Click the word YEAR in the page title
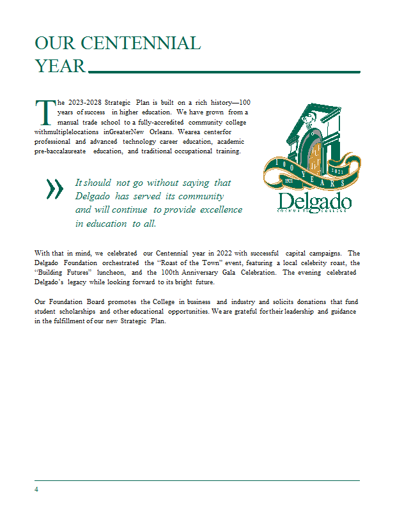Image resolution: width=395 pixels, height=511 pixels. (x=60, y=66)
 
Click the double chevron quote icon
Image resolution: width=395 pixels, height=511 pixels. (x=56, y=188)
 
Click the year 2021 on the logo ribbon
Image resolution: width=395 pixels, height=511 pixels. (x=338, y=171)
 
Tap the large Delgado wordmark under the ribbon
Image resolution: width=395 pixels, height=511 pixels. (x=314, y=202)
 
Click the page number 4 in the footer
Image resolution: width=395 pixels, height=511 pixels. (x=36, y=489)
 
